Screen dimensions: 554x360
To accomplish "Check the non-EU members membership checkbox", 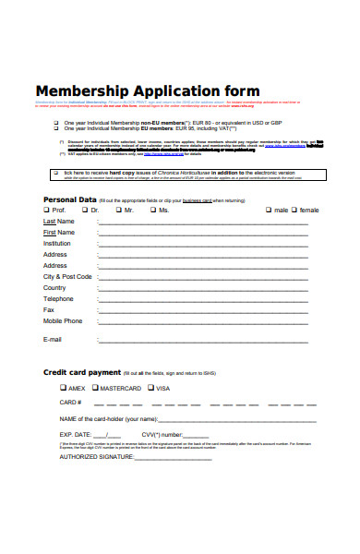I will [56, 123].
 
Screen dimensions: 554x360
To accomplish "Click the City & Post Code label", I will [67, 277].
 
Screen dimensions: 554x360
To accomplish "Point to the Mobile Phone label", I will [63, 321].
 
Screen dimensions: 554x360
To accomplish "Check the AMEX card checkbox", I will [63, 388].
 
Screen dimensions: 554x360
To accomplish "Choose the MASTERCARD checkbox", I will [94, 388].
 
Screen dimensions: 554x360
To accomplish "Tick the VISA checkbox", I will [150, 388].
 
